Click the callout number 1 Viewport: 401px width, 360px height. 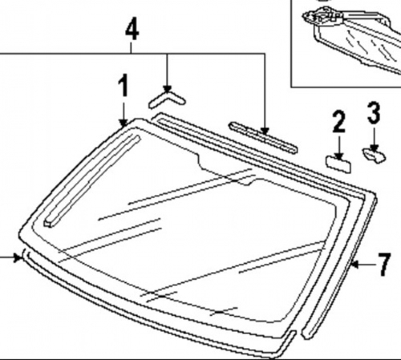click(123, 85)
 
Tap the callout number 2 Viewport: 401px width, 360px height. click(339, 121)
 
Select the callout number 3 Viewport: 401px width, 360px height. click(374, 112)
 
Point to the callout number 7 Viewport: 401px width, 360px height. click(384, 265)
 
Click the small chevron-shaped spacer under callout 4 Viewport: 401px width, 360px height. click(167, 100)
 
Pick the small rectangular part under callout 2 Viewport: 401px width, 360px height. click(338, 164)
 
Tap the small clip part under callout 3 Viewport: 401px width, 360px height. click(374, 155)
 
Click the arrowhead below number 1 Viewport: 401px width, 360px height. click(123, 123)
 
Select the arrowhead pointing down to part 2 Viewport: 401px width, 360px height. click(339, 157)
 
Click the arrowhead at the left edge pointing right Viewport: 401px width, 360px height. click(18, 257)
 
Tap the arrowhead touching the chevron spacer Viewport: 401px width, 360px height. click(167, 89)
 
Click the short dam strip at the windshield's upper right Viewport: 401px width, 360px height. click(263, 138)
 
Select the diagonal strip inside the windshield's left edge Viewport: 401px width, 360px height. click(92, 181)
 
